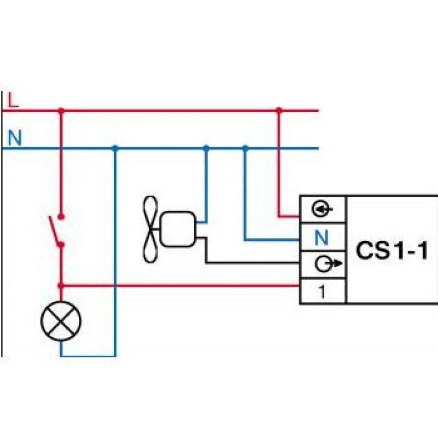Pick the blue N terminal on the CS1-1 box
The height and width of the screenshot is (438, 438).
(322, 238)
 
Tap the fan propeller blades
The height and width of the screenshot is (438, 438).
(151, 229)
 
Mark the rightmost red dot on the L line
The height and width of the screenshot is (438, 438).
(279, 111)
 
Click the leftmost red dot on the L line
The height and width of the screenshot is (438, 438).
(61, 111)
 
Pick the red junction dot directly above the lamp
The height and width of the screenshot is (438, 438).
(61, 285)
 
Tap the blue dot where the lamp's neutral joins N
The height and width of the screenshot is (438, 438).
(115, 148)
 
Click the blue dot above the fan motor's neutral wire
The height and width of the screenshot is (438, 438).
(206, 148)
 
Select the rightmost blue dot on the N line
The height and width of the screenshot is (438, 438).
(245, 148)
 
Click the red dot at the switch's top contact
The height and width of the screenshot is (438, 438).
(61, 216)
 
